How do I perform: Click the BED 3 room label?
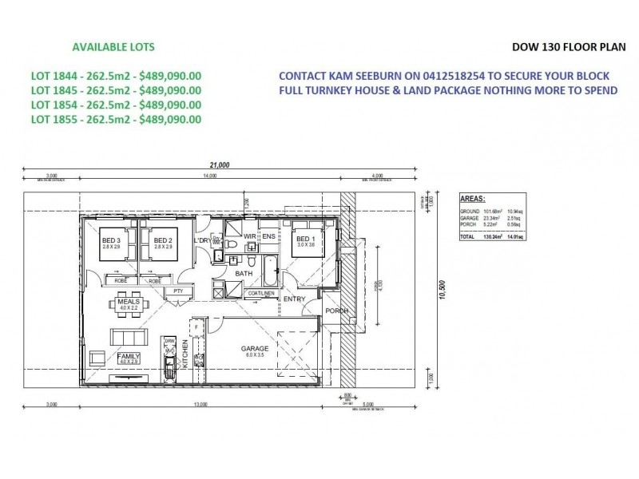pyautogui.click(x=110, y=240)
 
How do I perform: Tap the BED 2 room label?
pyautogui.click(x=163, y=240)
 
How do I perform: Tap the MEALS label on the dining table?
pyautogui.click(x=128, y=302)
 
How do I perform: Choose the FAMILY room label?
pyautogui.click(x=129, y=356)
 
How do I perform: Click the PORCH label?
pyautogui.click(x=334, y=312)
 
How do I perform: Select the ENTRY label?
pyautogui.click(x=295, y=299)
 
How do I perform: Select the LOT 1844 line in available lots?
pyautogui.click(x=116, y=76)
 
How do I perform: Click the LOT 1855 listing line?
pyautogui.click(x=116, y=119)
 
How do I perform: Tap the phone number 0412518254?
pyautogui.click(x=437, y=76)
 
